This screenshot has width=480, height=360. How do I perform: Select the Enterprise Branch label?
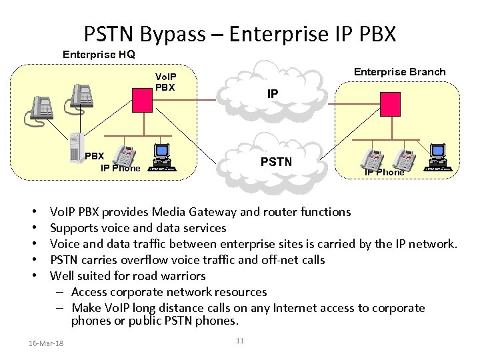(399, 72)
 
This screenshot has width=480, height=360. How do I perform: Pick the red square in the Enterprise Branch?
(389, 103)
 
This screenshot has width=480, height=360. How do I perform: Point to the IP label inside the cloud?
(273, 95)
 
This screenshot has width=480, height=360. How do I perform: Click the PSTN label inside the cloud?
(275, 161)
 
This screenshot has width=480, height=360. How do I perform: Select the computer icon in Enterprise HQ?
(162, 157)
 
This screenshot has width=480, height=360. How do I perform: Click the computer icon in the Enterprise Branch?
(438, 157)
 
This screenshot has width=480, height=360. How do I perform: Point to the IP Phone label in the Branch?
(384, 172)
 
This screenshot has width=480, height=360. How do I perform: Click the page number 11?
(240, 341)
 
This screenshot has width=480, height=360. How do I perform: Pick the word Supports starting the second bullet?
(75, 228)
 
